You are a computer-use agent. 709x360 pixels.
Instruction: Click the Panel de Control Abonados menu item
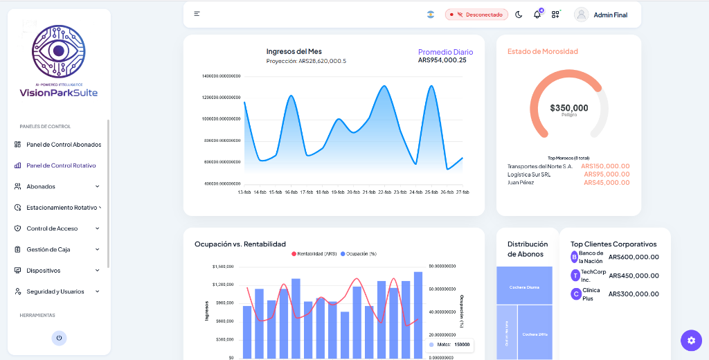pos(63,145)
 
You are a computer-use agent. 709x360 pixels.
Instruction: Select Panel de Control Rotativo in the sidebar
pos(61,165)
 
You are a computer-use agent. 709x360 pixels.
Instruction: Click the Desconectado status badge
pos(476,15)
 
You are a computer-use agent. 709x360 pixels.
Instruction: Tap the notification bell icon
pos(537,15)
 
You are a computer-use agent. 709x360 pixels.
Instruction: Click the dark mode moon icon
pos(519,15)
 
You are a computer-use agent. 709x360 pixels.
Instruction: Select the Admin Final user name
pos(610,15)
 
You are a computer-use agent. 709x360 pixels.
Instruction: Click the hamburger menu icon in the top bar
pos(197,14)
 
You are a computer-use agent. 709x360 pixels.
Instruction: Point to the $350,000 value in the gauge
pos(569,108)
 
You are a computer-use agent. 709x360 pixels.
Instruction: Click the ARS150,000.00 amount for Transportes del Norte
pos(605,166)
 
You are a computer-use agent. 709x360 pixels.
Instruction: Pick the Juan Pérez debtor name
pos(521,183)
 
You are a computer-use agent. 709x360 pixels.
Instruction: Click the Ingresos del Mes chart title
pos(294,51)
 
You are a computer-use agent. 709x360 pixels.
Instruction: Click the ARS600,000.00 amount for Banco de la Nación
pos(634,257)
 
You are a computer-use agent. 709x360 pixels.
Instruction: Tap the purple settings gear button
pos(691,340)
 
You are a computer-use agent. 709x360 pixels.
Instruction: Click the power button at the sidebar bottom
pos(59,338)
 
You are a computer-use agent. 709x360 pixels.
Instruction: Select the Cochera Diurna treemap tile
pos(524,287)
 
